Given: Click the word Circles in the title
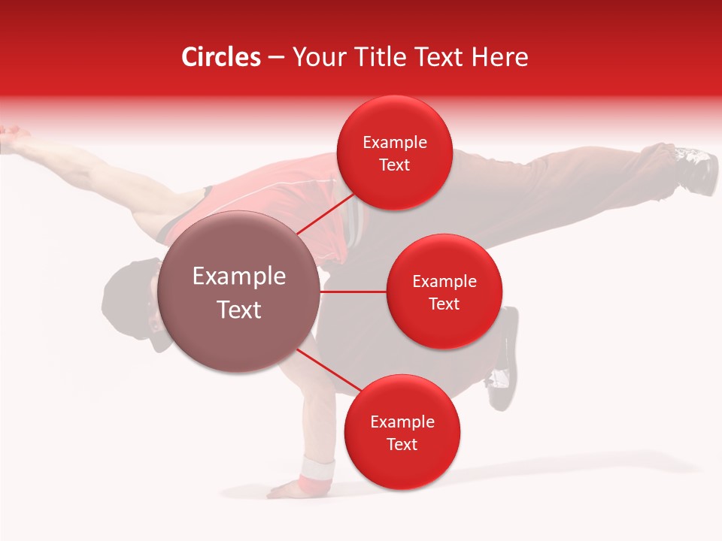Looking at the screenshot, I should click(x=221, y=57).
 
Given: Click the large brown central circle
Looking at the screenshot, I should click(x=239, y=292).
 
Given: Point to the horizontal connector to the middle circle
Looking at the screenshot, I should click(x=353, y=292).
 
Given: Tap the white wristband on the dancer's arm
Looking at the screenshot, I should click(x=317, y=472).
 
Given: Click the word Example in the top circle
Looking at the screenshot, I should click(x=395, y=143).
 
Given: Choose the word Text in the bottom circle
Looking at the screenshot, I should click(x=402, y=445).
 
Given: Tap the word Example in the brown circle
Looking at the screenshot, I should click(x=239, y=277).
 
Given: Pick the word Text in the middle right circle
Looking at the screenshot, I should click(x=444, y=304).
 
